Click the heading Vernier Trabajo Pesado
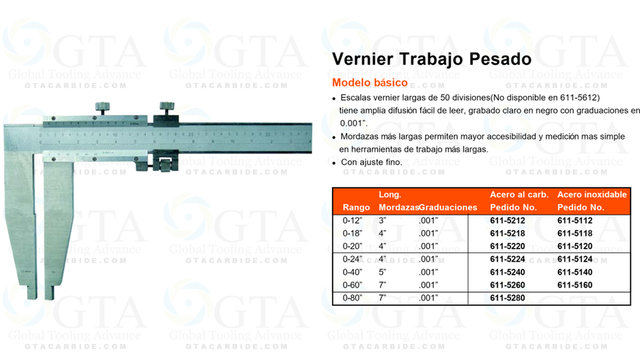(x=432, y=59)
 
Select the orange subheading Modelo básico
(x=370, y=81)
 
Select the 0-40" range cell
(x=354, y=272)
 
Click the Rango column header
(x=357, y=207)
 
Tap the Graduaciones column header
(x=448, y=207)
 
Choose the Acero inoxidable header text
(x=592, y=194)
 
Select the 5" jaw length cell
(x=383, y=272)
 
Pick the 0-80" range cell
(x=354, y=297)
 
